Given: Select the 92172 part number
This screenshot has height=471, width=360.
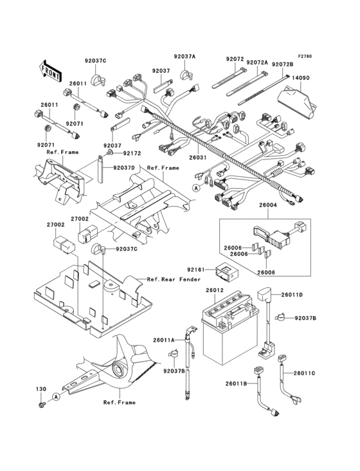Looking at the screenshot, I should click(132, 154).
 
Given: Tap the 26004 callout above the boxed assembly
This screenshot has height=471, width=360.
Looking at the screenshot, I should click(267, 205).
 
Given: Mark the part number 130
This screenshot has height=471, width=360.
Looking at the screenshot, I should click(41, 390).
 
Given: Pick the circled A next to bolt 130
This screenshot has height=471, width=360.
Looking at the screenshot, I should click(57, 398).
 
